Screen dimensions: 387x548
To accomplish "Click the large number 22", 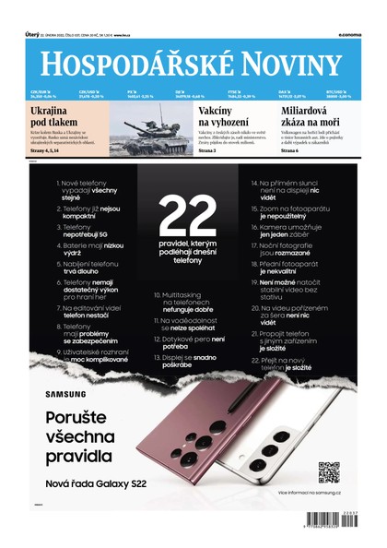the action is coord(193,222).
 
